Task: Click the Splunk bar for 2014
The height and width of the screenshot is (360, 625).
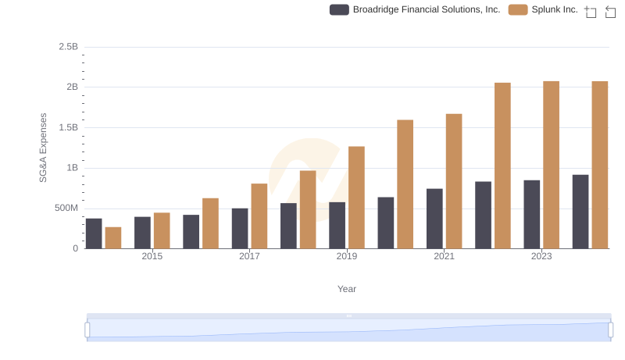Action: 113,237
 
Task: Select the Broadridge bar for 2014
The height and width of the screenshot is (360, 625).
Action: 94,233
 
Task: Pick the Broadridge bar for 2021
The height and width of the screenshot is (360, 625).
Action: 434,219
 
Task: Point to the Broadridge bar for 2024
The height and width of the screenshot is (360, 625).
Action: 580,212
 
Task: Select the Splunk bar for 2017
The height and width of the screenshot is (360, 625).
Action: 259,216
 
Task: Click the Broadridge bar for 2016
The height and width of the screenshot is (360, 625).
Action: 191,231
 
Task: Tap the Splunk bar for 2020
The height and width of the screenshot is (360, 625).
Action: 405,184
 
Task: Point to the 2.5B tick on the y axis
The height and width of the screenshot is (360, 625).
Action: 68,47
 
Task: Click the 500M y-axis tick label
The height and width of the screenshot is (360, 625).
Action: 65,209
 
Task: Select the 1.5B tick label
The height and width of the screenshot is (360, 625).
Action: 68,127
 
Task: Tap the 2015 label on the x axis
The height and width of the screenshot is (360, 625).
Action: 152,257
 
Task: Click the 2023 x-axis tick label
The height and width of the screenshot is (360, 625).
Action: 541,257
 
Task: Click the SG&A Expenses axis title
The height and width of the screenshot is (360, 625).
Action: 44,148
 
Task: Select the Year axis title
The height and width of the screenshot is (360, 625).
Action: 347,289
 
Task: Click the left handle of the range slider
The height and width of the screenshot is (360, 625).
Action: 87,330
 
